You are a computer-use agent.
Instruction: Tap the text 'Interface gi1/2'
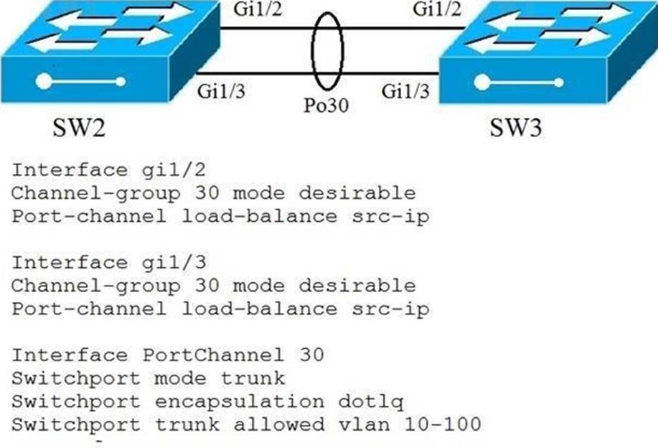tap(104, 171)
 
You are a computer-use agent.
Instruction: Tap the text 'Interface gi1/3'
tap(104, 263)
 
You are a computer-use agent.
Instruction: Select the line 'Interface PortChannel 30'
tap(168, 355)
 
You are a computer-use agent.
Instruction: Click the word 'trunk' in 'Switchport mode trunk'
tap(257, 378)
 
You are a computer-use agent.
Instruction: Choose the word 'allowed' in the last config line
tap(291, 425)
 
